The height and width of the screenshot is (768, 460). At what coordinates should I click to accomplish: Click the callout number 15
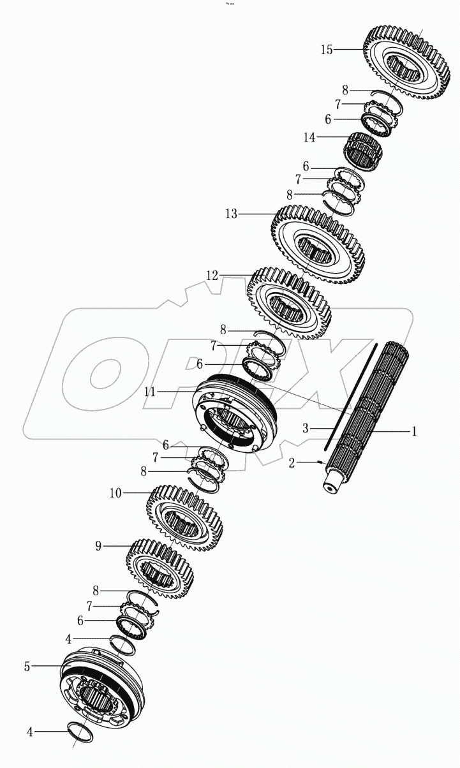[326, 50]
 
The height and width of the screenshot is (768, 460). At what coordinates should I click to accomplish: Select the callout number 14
[310, 137]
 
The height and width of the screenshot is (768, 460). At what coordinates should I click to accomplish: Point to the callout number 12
[212, 276]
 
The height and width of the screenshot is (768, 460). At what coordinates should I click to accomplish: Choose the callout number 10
[115, 493]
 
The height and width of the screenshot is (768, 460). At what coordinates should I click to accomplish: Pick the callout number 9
[98, 546]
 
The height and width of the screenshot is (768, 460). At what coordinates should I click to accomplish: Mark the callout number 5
[27, 666]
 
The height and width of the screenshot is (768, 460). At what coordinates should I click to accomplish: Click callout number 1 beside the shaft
[413, 431]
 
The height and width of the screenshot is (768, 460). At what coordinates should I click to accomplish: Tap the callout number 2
[292, 463]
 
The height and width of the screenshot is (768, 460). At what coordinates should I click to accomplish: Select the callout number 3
[306, 429]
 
